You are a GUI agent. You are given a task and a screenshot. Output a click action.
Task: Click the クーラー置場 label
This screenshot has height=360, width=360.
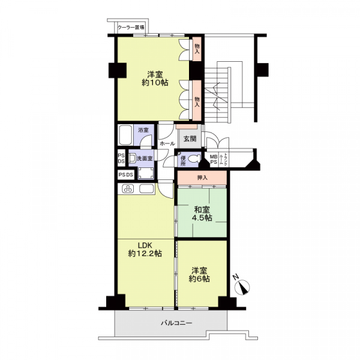(131, 28)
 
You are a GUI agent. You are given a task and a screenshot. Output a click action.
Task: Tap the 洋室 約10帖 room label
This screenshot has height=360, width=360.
(155, 79)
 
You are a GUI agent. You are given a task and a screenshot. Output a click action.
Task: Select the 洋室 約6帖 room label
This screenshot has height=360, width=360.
(199, 275)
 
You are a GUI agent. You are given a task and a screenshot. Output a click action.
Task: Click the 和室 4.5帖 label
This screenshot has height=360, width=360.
(202, 214)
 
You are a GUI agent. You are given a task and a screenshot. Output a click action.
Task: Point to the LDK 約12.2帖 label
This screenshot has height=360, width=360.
(145, 250)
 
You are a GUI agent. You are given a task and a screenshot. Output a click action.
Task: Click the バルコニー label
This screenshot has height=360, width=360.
(176, 323)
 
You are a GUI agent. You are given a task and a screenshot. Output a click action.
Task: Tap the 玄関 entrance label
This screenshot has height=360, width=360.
(190, 139)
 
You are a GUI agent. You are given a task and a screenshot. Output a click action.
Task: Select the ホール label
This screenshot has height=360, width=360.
(167, 144)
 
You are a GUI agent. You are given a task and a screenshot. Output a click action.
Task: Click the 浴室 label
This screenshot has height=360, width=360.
(143, 130)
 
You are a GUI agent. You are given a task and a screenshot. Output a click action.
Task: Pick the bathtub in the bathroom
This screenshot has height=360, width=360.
(125, 135)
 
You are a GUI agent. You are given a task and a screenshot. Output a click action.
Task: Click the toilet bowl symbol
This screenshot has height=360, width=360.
(194, 158)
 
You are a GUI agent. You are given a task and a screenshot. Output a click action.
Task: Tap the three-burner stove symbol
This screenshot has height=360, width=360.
(128, 189)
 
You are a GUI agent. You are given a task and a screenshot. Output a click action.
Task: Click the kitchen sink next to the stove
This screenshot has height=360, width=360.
(146, 189)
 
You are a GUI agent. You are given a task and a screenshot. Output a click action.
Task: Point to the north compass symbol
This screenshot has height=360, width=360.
(242, 286)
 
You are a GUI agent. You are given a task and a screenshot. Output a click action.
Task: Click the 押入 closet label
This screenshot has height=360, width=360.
(202, 178)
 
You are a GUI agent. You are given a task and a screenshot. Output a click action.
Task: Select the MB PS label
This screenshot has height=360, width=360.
(214, 159)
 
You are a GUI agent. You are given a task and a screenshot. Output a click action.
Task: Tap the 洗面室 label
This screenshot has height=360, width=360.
(145, 158)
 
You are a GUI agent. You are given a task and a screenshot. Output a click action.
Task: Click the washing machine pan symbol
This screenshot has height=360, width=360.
(146, 173)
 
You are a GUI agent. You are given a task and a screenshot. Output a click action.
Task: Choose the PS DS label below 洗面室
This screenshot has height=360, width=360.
(126, 175)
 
